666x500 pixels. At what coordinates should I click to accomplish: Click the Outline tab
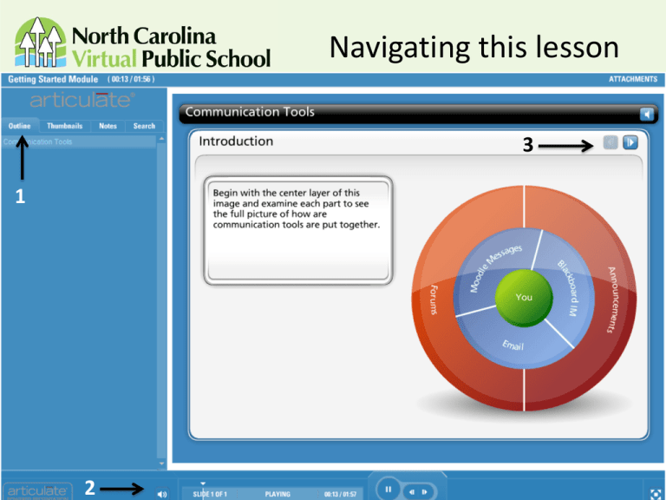click(20, 126)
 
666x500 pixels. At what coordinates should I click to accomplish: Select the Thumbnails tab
click(65, 126)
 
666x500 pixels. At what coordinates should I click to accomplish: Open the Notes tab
click(108, 126)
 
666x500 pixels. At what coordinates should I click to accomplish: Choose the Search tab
click(144, 126)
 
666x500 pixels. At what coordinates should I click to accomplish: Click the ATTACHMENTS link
click(632, 79)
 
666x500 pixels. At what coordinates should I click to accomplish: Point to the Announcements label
click(610, 299)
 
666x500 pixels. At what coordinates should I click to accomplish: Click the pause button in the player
click(389, 490)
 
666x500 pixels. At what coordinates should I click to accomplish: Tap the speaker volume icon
click(161, 492)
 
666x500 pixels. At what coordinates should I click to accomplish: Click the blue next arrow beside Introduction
click(630, 141)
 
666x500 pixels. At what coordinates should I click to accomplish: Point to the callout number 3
click(526, 147)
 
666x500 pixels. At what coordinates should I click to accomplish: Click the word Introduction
click(236, 141)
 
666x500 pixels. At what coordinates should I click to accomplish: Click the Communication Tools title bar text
click(250, 112)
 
